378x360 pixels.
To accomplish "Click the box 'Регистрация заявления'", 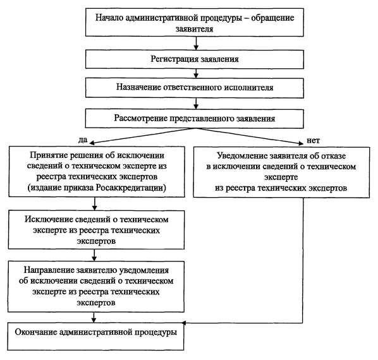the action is pyautogui.click(x=195, y=59).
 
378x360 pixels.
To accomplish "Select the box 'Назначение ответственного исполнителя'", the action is pyautogui.click(x=195, y=88).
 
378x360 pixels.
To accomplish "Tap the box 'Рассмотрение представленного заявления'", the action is pyautogui.click(x=195, y=119).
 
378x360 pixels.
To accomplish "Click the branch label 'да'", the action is pyautogui.click(x=83, y=140).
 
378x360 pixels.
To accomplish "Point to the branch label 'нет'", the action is pyautogui.click(x=313, y=140).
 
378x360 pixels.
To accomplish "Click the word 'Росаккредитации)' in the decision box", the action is pyautogui.click(x=131, y=188).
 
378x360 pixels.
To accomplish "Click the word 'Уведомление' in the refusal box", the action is pyautogui.click(x=242, y=156).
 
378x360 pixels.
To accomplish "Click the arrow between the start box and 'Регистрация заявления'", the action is pyautogui.click(x=196, y=43).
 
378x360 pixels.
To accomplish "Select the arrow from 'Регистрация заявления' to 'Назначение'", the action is pyautogui.click(x=196, y=73).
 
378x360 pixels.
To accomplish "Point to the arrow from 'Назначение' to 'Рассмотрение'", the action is pyautogui.click(x=196, y=104).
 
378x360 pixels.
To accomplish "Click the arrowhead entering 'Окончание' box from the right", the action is pyautogui.click(x=184, y=323).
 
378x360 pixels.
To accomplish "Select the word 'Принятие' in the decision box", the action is pyautogui.click(x=49, y=155).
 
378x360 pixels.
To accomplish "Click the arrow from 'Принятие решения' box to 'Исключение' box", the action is pyautogui.click(x=95, y=204).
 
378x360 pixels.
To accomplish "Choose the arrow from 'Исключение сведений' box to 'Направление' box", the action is pyautogui.click(x=94, y=255).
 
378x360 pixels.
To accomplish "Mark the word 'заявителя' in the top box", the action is pyautogui.click(x=194, y=29).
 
